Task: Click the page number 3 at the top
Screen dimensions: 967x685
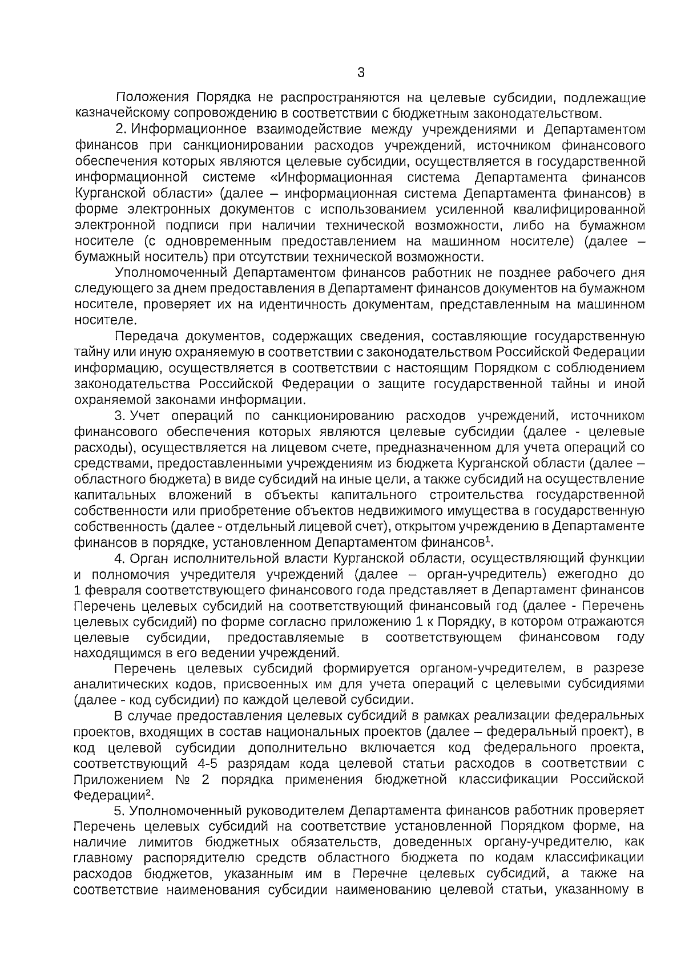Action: pos(360,73)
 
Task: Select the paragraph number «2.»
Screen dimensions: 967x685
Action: pos(121,130)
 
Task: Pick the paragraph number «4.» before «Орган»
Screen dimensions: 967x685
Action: pos(121,558)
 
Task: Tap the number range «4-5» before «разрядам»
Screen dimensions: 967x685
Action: pos(213,763)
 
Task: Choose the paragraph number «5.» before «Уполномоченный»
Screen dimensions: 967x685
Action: pos(121,811)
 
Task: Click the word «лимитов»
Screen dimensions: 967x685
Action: pos(167,842)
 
